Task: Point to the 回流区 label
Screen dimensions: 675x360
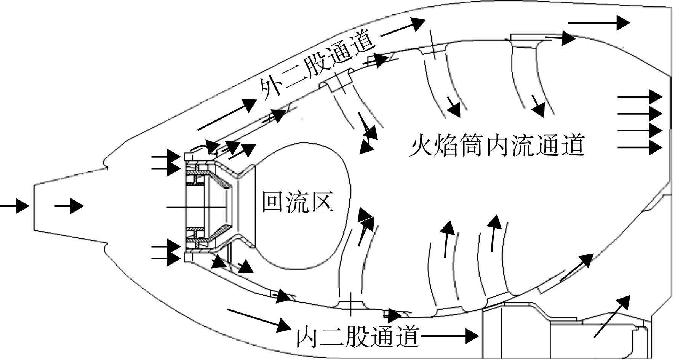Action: point(298,202)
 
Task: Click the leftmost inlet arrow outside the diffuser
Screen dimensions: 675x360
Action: point(14,206)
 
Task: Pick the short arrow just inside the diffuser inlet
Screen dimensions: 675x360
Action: point(69,206)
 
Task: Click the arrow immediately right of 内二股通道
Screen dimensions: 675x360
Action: point(450,336)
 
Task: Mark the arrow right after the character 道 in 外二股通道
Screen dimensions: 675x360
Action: point(403,27)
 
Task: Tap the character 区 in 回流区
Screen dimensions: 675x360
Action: point(322,202)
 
